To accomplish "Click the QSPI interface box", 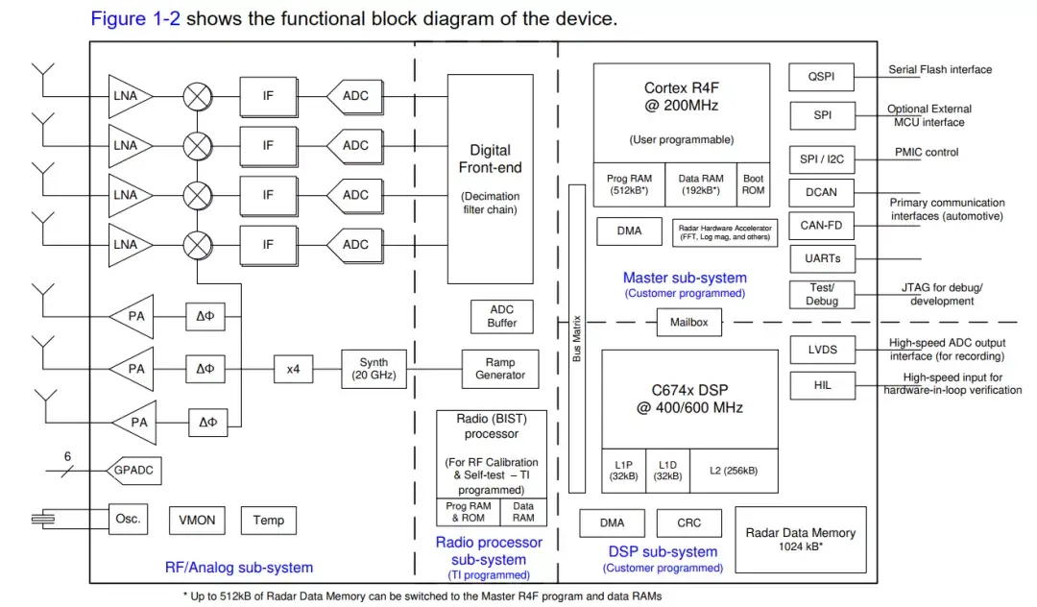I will (820, 77).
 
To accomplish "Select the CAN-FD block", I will (820, 226).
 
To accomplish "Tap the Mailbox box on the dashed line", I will (688, 323).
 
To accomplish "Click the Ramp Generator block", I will (500, 369).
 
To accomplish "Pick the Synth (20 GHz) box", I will (374, 369).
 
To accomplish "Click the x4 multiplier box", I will (293, 369).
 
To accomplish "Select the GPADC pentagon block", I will (133, 471).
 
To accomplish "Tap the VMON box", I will (197, 521).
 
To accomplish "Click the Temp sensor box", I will (268, 521).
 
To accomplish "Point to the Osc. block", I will (128, 519).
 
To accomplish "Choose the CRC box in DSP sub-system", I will (688, 523).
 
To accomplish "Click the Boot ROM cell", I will (753, 184).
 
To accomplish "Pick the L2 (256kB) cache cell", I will (734, 471).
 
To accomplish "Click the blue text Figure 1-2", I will (133, 18).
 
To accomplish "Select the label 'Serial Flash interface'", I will (939, 70).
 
